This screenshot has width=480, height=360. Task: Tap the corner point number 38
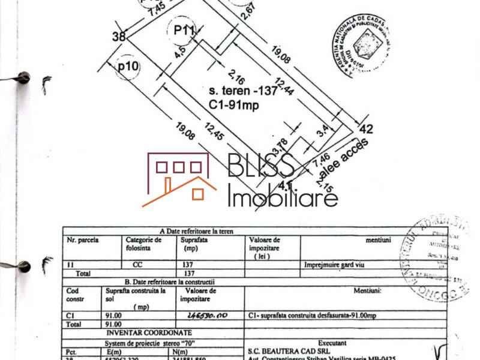click(119, 37)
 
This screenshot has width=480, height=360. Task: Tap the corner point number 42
click(365, 128)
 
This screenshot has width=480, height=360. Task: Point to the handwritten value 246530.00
click(207, 314)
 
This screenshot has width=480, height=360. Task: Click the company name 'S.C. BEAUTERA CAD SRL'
click(286, 349)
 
